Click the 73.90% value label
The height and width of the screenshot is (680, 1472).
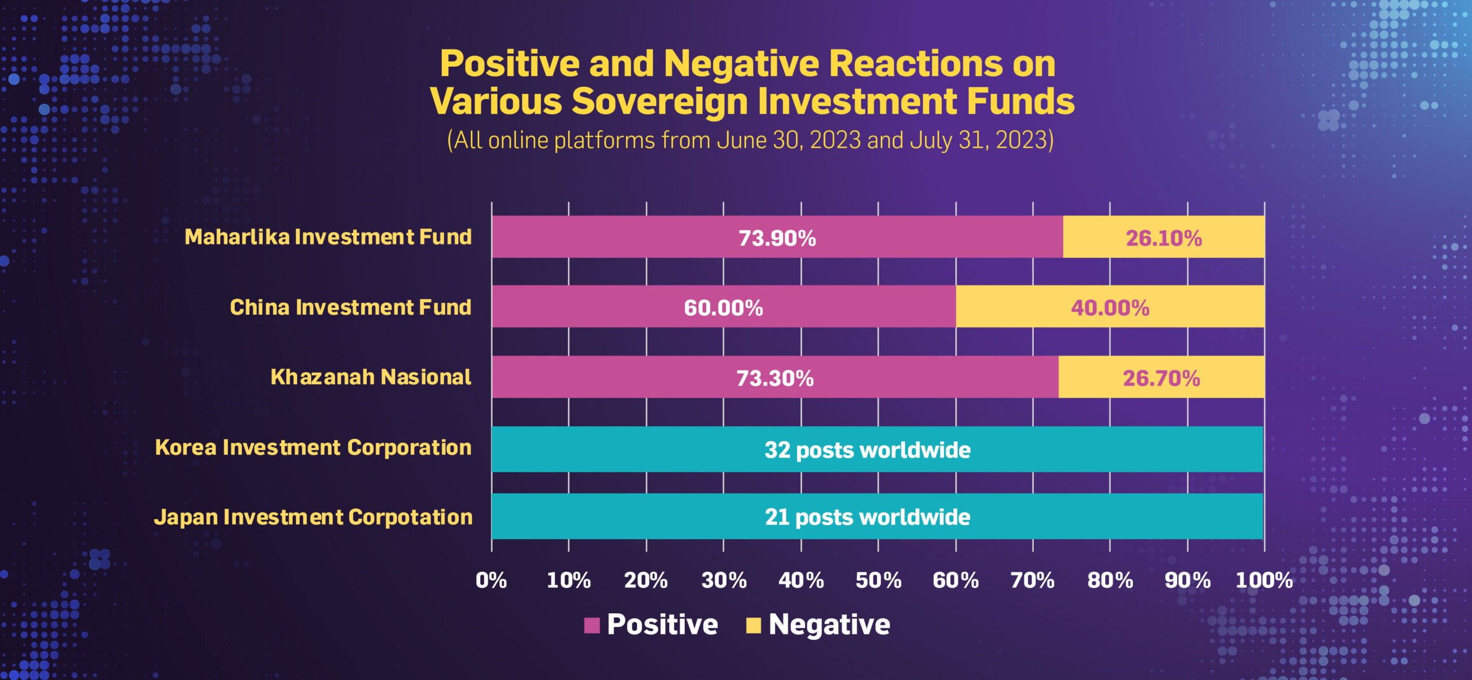777,238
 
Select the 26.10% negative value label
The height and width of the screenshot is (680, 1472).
1164,238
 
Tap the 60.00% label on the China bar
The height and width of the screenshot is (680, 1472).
723,308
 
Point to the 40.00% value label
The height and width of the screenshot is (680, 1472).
1110,308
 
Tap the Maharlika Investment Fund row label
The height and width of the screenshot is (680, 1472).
328,237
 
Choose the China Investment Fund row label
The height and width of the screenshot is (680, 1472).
350,307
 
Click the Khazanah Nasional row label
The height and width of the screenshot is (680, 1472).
370,377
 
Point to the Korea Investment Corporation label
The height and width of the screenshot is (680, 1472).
313,448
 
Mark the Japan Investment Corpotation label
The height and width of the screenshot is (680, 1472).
313,517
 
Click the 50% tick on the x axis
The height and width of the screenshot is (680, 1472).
878,580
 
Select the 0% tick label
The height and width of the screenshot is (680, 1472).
491,580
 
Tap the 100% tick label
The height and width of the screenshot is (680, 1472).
1264,580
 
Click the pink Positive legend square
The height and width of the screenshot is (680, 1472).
592,625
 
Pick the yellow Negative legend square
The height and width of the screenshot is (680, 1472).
753,625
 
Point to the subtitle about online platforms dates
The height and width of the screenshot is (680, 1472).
750,140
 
